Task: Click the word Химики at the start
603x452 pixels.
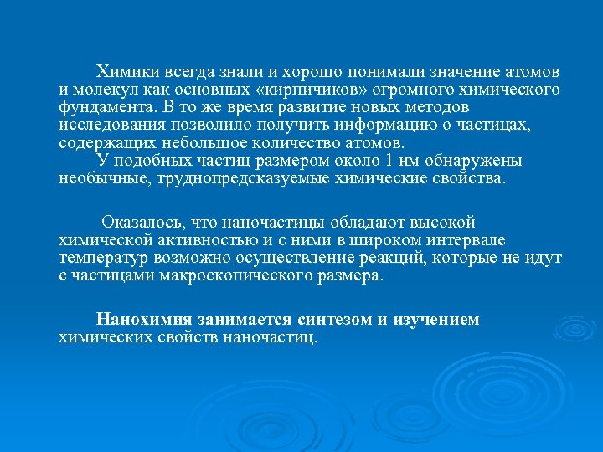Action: pos(123,70)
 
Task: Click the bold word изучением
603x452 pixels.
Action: pos(440,320)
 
